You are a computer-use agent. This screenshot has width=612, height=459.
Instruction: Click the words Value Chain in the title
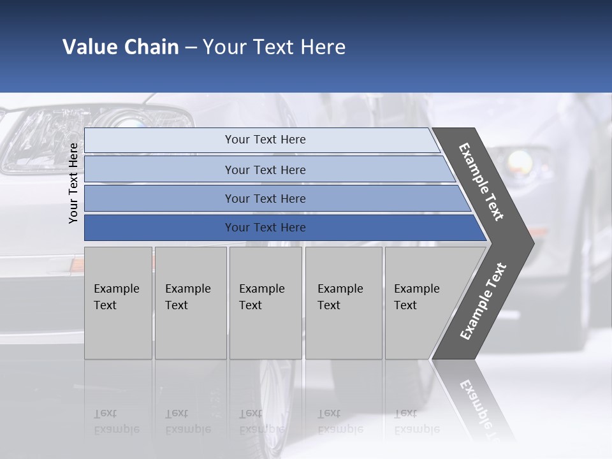click(120, 47)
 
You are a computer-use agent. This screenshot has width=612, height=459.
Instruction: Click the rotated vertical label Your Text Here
click(73, 183)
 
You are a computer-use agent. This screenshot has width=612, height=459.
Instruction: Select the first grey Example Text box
click(118, 303)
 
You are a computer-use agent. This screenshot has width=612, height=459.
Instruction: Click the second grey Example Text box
click(191, 303)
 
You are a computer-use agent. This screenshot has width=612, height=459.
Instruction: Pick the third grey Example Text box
click(265, 303)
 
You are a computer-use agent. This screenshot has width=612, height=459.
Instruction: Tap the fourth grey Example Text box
click(344, 303)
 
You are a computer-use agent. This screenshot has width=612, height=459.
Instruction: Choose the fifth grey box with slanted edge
click(421, 303)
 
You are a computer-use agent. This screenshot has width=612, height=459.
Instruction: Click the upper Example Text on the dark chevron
click(481, 182)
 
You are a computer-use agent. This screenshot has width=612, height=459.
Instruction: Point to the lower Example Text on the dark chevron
click(483, 302)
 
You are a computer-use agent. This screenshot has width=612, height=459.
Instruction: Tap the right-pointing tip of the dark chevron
click(529, 243)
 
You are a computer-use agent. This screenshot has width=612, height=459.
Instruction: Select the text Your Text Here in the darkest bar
click(265, 228)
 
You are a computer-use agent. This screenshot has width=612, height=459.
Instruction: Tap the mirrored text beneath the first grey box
click(117, 421)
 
